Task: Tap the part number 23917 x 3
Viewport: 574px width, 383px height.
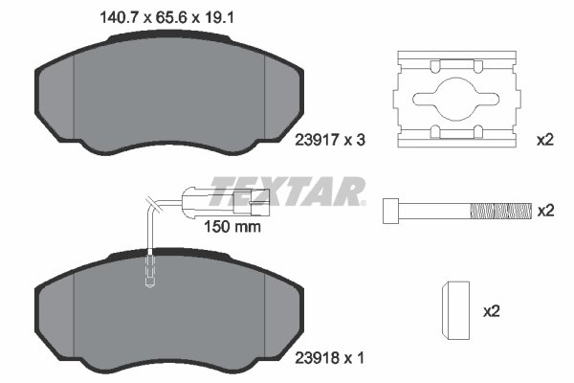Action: [x=325, y=140]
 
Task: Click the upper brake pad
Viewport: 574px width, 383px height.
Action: [x=166, y=96]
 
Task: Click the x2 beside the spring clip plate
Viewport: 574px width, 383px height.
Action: [x=545, y=140]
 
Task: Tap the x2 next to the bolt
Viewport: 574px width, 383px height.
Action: [x=545, y=210]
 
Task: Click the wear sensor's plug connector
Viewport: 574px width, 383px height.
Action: [x=251, y=201]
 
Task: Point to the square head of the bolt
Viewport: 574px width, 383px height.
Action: [x=391, y=210]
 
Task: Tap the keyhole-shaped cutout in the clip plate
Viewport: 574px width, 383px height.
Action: [x=451, y=96]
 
